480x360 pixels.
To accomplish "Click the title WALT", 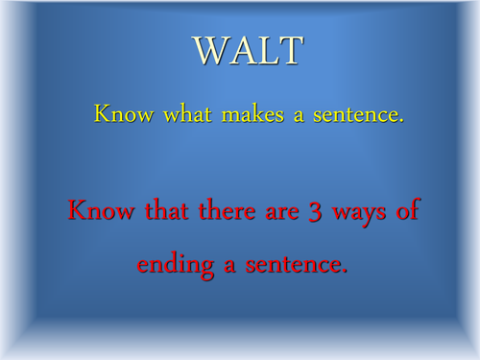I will click(248, 52).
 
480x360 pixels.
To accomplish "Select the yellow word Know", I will click(118, 115).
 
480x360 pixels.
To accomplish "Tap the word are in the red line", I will click(278, 214).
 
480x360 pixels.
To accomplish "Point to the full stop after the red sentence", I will click(343, 272).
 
